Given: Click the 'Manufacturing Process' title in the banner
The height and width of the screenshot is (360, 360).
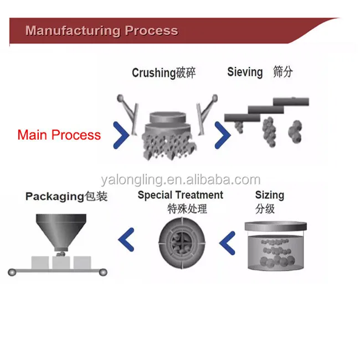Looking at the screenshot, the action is click(102, 30).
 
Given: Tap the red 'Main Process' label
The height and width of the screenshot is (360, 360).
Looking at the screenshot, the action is click(59, 135).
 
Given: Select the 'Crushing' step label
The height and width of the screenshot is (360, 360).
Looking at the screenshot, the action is click(154, 73).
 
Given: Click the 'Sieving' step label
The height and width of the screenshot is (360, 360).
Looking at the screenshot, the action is click(245, 73).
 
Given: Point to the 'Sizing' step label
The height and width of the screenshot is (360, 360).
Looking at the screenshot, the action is click(270, 196).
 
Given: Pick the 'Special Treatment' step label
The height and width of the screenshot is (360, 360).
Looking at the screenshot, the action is click(181, 195).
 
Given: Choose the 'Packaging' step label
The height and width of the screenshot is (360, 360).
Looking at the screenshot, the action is click(55, 197).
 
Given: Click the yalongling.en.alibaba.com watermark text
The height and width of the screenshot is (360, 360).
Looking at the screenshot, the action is click(181, 180).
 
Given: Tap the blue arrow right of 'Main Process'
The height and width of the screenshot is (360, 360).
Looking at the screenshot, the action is click(121, 135).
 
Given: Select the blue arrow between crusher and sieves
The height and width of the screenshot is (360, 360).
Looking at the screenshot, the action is click(223, 135).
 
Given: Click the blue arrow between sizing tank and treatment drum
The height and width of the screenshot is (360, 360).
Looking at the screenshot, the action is click(227, 243).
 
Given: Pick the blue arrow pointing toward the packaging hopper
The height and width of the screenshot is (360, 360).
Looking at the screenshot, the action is click(126, 239).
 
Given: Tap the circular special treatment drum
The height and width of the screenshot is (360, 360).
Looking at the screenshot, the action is click(182, 243).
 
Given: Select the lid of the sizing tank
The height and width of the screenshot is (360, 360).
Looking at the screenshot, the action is click(276, 226).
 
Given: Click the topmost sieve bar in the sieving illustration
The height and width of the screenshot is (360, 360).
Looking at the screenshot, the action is click(291, 101).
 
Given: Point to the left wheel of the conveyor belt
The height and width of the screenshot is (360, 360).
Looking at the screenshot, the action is click(12, 272).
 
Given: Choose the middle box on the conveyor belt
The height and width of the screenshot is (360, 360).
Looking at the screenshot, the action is click(61, 263).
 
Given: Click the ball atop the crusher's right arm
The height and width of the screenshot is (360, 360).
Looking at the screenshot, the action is click(215, 98).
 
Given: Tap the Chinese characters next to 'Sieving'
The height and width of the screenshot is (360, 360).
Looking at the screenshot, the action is click(283, 72).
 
